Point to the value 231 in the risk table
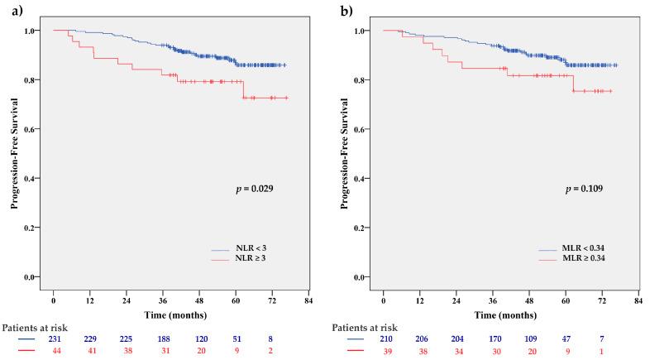53,338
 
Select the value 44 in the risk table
53,350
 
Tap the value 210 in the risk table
384,338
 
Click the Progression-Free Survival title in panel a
14,153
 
